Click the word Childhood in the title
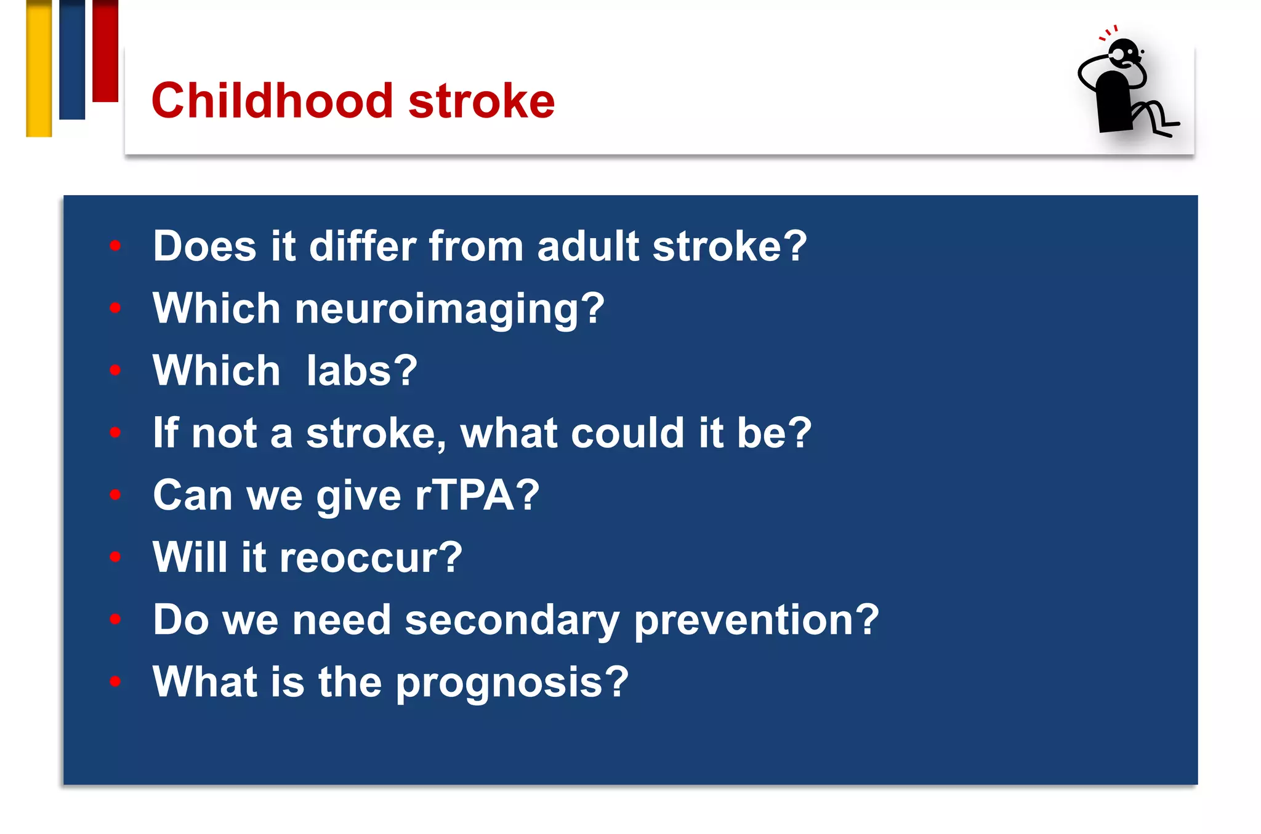[x=272, y=100]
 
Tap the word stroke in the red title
[x=481, y=100]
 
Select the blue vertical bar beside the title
[x=72, y=60]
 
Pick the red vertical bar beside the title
[x=105, y=50]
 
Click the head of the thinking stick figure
[x=1126, y=53]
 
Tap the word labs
[x=362, y=371]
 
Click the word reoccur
[x=370, y=558]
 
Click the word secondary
[x=512, y=620]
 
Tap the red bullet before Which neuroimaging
[x=115, y=308]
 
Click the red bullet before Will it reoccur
[x=115, y=557]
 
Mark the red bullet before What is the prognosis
[x=115, y=681]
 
